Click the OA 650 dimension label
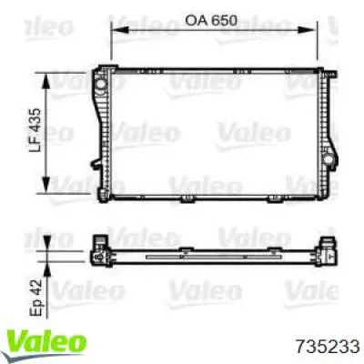[x=211, y=21]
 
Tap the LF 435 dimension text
[x=35, y=130]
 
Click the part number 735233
[x=328, y=346]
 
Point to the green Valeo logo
[x=46, y=342]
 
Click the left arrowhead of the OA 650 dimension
[x=119, y=29]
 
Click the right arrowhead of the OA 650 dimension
[x=307, y=29]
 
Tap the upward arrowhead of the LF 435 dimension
[x=45, y=82]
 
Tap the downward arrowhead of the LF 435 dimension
[x=45, y=184]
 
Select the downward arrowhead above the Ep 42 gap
[x=47, y=243]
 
